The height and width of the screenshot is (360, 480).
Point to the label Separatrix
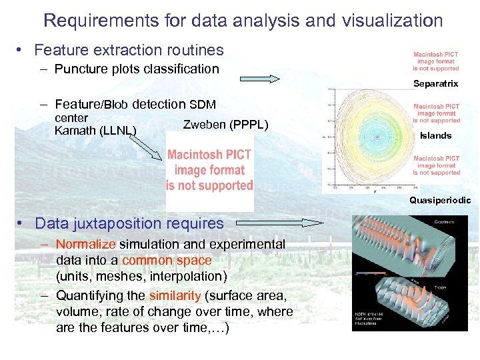[x=435, y=84]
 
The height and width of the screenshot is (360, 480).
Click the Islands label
[x=435, y=136]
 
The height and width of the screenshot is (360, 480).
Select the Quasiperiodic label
[x=439, y=200]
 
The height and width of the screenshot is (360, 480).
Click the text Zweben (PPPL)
[x=225, y=125]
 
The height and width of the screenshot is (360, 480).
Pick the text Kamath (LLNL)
[x=95, y=130]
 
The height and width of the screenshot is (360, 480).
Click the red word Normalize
[x=85, y=245]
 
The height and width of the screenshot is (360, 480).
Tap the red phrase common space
[x=167, y=261]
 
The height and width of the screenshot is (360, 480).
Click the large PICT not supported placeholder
[x=209, y=171]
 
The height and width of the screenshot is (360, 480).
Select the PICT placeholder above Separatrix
[x=435, y=62]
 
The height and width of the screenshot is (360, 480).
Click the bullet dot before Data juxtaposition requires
[x=22, y=223]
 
